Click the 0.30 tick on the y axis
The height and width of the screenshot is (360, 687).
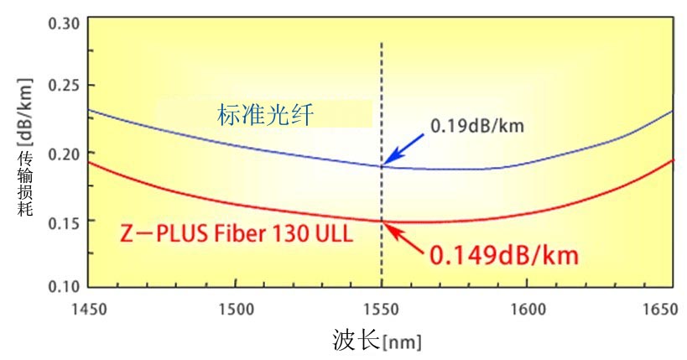coord(64,22)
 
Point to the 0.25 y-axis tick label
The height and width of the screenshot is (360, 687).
coord(64,86)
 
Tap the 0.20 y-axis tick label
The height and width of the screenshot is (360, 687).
coord(64,154)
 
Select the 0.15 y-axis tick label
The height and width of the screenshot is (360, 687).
coord(64,221)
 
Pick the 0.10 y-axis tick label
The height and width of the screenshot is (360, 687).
coord(64,286)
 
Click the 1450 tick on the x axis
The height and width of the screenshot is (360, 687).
coord(89,310)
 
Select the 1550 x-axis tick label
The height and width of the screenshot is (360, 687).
coord(381,310)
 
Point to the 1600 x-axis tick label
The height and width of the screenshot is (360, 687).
coord(527,310)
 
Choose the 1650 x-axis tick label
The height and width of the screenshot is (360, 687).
coord(658,310)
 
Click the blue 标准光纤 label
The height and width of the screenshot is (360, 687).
coord(265,115)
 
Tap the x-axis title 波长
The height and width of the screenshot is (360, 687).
coord(351,341)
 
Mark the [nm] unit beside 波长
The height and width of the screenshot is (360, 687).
coord(402,342)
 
